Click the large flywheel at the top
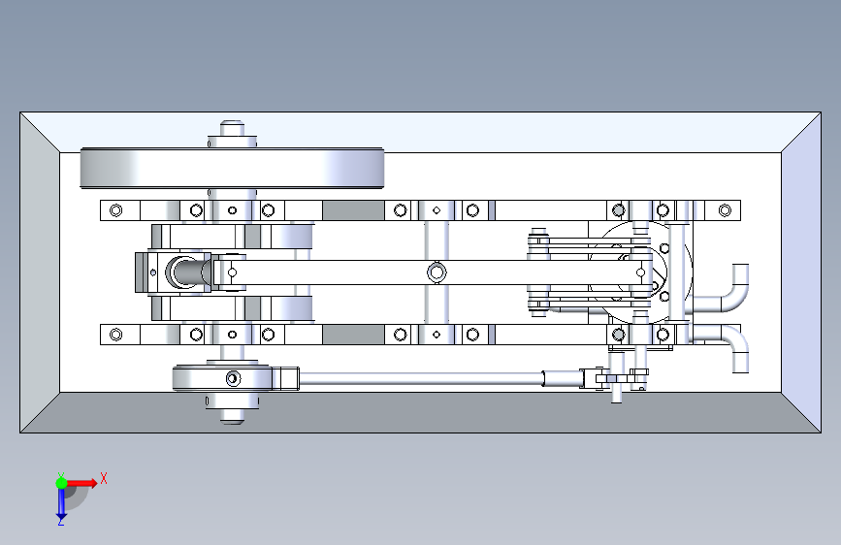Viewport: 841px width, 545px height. (232, 168)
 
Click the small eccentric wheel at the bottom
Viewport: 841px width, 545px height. (222, 378)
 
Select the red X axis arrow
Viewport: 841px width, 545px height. (81, 483)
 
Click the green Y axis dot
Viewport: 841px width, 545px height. (61, 483)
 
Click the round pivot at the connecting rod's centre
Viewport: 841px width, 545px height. (437, 272)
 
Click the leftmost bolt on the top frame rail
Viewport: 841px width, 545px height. (115, 210)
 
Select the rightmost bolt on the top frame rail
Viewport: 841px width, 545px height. (725, 210)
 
